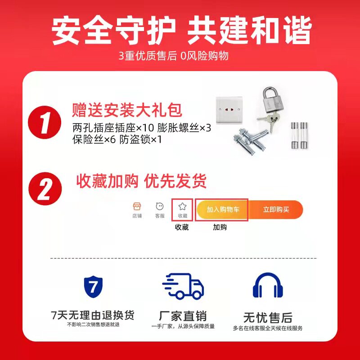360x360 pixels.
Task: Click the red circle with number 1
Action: (x=45, y=122)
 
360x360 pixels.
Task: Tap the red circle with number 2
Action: (x=45, y=189)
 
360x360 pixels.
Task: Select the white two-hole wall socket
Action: (x=229, y=110)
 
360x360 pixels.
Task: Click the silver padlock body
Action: (x=273, y=104)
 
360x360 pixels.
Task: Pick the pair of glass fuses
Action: (x=299, y=135)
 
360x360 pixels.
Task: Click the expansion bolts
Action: (x=250, y=141)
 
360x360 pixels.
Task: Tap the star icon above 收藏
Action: (x=182, y=207)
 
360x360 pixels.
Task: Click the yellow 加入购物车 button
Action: (x=222, y=209)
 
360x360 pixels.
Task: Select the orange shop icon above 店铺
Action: (x=137, y=207)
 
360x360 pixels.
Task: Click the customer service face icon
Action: (x=160, y=207)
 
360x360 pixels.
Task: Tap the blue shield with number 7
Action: (x=93, y=287)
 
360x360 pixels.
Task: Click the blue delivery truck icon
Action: (x=183, y=286)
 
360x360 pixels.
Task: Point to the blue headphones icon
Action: (x=268, y=285)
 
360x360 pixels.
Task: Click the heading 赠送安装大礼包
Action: (x=127, y=110)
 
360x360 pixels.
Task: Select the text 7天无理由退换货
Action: (x=93, y=315)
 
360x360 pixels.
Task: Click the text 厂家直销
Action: (x=183, y=316)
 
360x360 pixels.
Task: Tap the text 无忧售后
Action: (x=268, y=318)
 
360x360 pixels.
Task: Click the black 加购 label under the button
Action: (x=220, y=227)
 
